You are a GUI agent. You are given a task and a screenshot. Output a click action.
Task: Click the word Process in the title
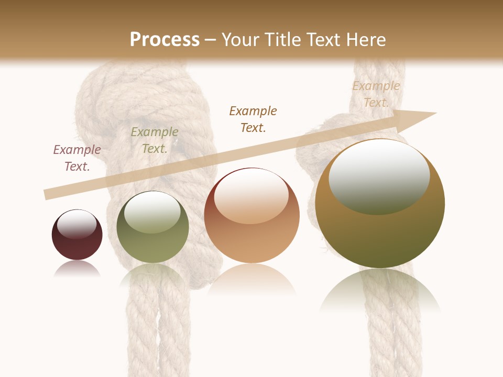pyautogui.click(x=165, y=40)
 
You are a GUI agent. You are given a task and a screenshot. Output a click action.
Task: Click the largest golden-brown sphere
pyautogui.click(x=380, y=236)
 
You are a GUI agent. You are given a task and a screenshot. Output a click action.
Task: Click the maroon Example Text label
pyautogui.click(x=77, y=158)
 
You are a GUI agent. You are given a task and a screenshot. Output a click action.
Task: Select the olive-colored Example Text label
pyautogui.click(x=155, y=140)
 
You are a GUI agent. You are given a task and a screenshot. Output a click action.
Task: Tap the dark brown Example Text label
pyautogui.click(x=253, y=119)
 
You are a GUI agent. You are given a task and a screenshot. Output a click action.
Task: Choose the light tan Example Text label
pyautogui.click(x=376, y=94)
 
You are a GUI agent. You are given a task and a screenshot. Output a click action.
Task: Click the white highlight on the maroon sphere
pyautogui.click(x=77, y=224)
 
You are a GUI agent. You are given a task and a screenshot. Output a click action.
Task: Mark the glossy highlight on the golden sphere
pyautogui.click(x=379, y=177)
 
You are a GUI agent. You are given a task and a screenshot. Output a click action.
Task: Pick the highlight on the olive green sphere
pyautogui.click(x=152, y=212)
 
